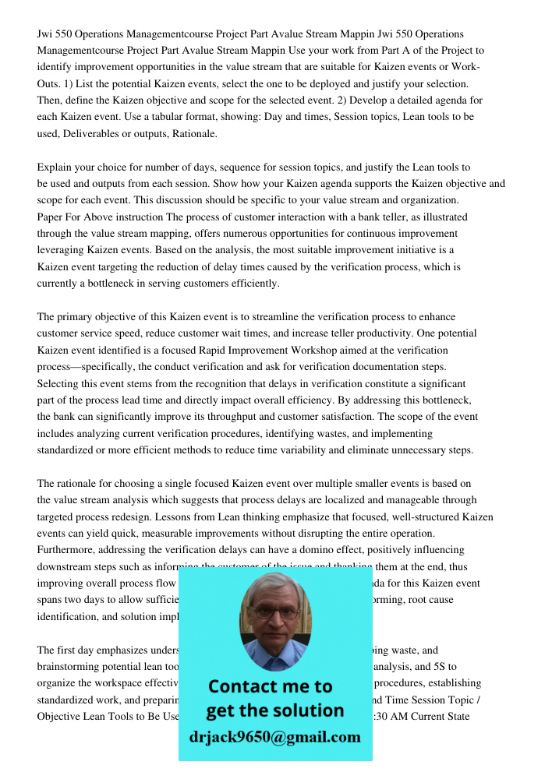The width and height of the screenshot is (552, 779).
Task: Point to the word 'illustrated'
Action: (440, 217)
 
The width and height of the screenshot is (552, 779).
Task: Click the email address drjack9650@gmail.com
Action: (275, 737)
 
